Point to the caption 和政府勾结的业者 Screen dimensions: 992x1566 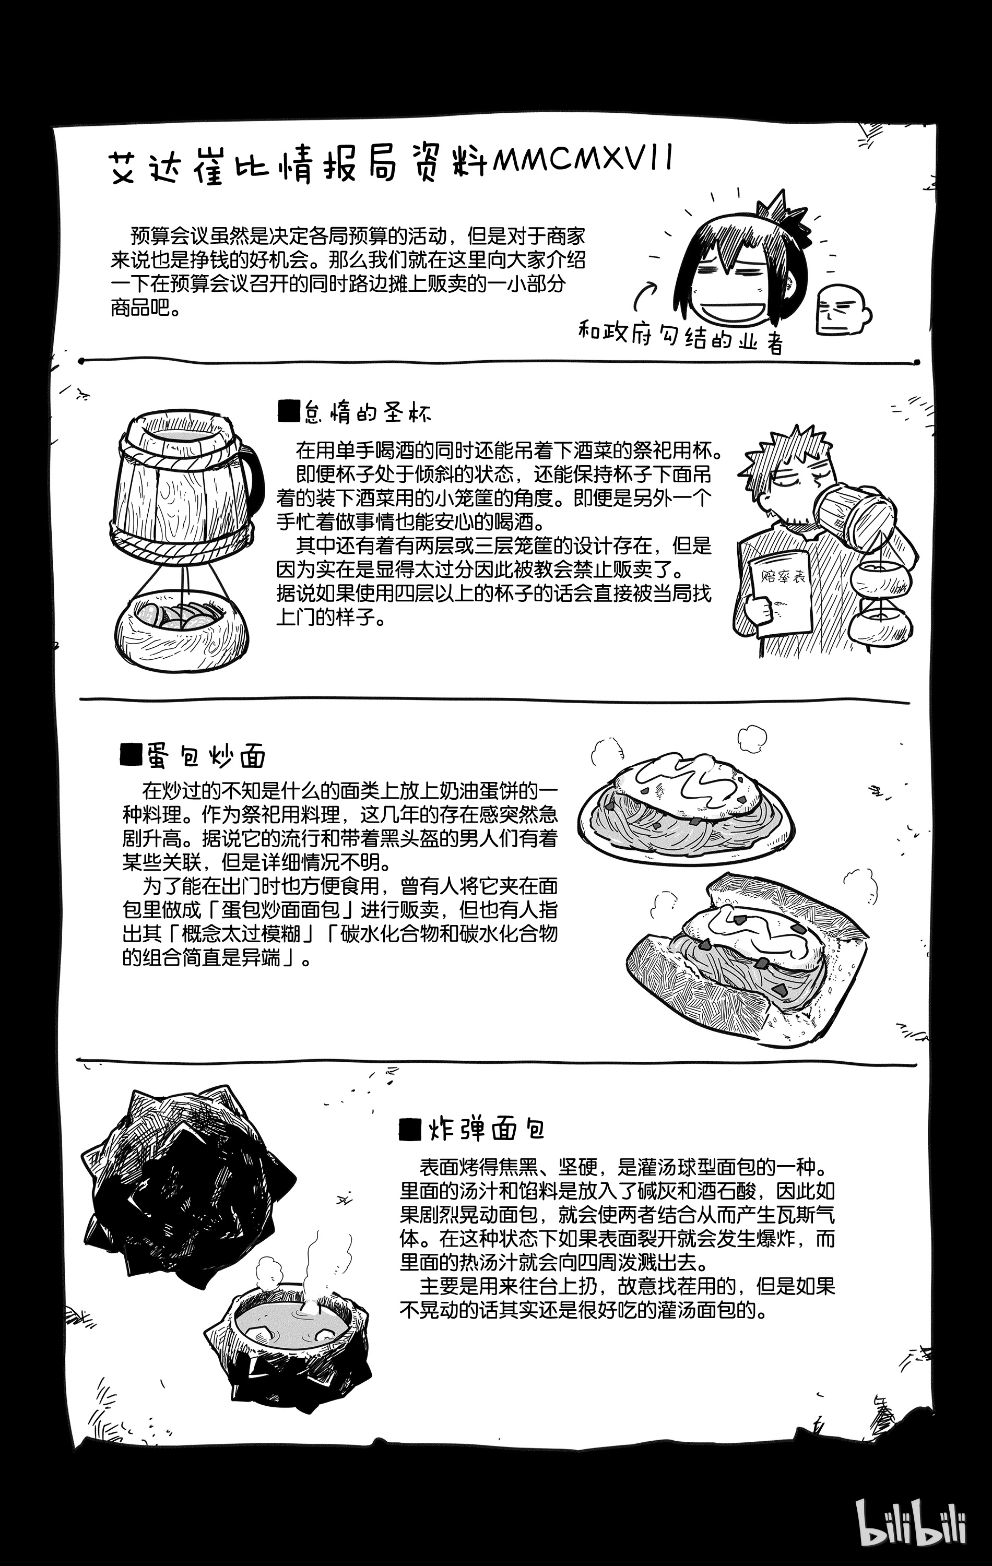pos(680,337)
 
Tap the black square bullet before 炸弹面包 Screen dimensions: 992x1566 pos(411,1130)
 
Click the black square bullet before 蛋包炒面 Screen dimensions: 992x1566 pos(132,754)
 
